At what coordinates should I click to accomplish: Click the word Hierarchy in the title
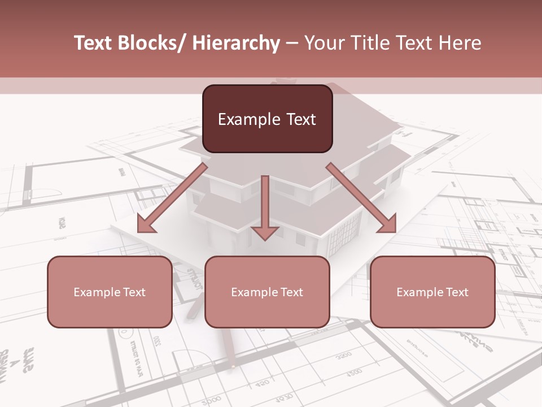point(236,44)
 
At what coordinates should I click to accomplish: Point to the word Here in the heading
point(461,44)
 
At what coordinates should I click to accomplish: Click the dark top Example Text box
point(267,119)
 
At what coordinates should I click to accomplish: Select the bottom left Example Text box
point(110,292)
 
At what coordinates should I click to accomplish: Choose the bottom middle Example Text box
point(267,292)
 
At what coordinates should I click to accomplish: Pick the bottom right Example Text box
point(432,292)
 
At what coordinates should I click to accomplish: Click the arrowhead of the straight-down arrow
point(265,233)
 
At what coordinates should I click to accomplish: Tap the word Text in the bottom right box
point(457,292)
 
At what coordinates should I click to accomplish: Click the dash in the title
point(291,44)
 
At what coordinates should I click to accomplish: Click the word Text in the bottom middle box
point(291,292)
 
